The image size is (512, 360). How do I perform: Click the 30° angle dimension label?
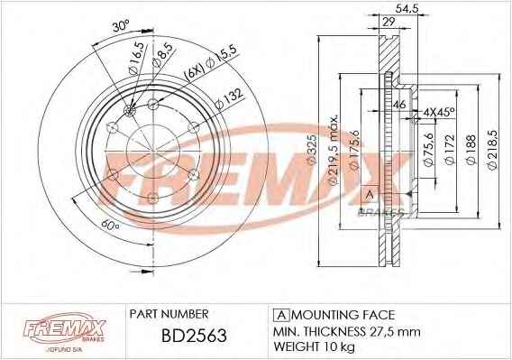121,25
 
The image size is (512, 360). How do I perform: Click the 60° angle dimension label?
109,226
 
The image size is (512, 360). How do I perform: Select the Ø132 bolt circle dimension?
230,98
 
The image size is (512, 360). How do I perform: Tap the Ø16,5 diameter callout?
136,59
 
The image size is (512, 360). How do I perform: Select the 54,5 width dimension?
407,8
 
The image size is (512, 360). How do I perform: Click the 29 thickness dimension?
389,22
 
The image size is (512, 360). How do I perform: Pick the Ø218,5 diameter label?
492,150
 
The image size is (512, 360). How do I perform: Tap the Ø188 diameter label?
471,150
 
